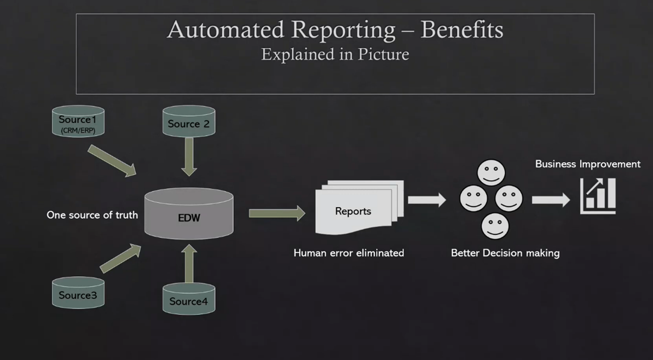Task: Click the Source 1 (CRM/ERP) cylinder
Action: (x=78, y=121)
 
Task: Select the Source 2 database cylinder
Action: (x=189, y=121)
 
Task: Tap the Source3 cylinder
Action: (x=78, y=293)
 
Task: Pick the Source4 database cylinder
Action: (x=189, y=298)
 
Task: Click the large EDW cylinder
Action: (x=189, y=213)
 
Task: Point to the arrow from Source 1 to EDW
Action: (x=112, y=161)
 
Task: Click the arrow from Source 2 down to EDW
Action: (x=189, y=157)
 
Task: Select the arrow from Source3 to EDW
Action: (x=120, y=258)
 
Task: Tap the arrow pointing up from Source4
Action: (x=189, y=264)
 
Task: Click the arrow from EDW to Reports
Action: (x=277, y=213)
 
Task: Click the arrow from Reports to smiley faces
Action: (x=427, y=200)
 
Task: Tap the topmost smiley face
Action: (x=491, y=172)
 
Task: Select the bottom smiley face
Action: (x=495, y=226)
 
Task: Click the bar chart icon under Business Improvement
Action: (x=598, y=196)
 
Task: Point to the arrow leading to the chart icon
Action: (x=551, y=200)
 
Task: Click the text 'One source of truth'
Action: (x=92, y=215)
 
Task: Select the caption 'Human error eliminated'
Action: (x=349, y=253)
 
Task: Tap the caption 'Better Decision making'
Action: (x=505, y=253)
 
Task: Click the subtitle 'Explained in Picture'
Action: (x=335, y=55)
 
